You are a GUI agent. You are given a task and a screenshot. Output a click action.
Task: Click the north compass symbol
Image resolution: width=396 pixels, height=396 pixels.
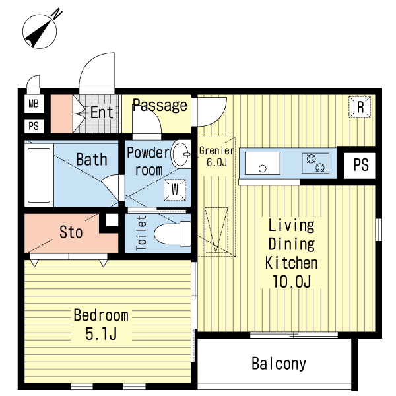click(40, 31)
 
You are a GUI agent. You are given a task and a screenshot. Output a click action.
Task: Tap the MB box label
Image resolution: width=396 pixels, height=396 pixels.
click(34, 104)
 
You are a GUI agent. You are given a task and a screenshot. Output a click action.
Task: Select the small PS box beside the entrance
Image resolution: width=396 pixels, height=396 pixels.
click(34, 126)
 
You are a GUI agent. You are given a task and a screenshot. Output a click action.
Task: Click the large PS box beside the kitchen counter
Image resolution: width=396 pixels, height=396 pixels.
click(360, 166)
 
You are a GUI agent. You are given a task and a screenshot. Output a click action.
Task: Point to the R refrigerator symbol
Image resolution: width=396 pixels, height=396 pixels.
click(360, 107)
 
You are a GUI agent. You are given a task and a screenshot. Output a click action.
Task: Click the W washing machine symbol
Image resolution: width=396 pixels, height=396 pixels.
click(174, 190)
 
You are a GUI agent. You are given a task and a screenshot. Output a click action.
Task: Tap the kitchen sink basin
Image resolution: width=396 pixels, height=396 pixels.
click(263, 163)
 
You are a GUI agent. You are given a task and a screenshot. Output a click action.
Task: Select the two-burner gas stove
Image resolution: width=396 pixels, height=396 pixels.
click(315, 163)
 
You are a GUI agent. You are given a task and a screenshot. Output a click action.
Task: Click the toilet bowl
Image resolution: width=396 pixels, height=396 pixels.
click(172, 234)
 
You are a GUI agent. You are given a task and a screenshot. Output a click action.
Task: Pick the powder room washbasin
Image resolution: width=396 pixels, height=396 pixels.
click(181, 154)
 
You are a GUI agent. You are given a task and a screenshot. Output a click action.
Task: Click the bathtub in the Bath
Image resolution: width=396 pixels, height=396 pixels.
click(39, 176)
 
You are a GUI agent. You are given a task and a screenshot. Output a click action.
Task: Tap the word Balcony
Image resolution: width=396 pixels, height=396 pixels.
click(279, 364)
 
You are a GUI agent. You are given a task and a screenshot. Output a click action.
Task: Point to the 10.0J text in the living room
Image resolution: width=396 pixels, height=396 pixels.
click(292, 281)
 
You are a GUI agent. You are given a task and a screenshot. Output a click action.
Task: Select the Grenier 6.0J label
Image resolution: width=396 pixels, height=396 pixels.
click(216, 156)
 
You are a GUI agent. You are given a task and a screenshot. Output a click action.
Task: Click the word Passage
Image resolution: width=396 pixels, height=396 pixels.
click(160, 105)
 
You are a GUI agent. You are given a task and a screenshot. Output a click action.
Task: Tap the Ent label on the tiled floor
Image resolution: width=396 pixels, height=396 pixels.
click(102, 112)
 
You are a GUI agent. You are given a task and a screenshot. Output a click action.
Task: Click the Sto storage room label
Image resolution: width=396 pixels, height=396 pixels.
click(71, 232)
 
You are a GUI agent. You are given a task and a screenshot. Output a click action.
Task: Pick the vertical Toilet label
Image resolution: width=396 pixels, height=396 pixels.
click(141, 233)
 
